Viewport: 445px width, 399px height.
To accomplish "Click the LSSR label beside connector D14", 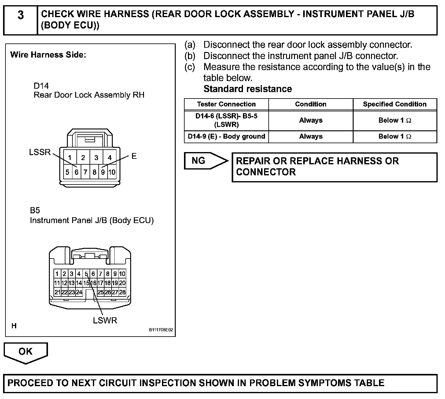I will pos(40,152).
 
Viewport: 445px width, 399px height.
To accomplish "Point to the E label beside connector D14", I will pos(134,156).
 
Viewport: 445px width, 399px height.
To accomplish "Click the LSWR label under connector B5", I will pos(105,320).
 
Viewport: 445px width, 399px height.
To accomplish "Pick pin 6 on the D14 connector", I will pos(76,172).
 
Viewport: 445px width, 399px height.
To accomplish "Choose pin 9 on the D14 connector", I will pos(103,172).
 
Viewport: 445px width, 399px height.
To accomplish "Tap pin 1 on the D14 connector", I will pos(70,158).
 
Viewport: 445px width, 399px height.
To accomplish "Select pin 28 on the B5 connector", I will pos(122,292).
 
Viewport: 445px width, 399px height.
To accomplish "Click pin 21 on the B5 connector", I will pos(57,292).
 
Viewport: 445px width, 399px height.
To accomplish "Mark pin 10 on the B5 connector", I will pos(122,274).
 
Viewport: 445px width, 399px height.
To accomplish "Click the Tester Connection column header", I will pos(226,104).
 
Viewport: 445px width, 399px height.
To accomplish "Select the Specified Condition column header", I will pos(395,104).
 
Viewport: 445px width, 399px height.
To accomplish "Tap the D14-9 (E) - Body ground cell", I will pos(226,136).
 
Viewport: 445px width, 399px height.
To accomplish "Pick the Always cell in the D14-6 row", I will pos(311,120).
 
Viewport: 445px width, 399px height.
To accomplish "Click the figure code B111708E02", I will pos(161,330).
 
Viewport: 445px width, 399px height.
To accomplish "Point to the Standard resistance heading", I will pos(248,89).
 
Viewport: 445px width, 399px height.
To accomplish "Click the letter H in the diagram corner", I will pos(14,326).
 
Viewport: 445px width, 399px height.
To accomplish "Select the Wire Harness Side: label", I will pos(48,55).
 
